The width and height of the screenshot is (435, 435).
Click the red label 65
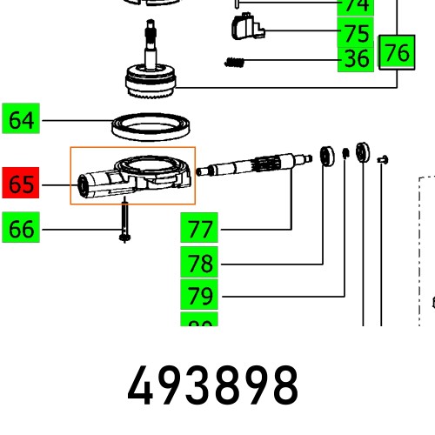[x=21, y=185]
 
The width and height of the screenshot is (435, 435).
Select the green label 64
[x=21, y=119]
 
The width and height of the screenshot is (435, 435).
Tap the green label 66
[x=21, y=230]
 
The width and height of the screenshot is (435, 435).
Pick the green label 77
[x=200, y=230]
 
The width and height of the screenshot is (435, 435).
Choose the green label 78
[x=200, y=263]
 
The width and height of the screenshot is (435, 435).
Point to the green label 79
[x=200, y=295]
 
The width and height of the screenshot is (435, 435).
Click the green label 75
[x=357, y=34]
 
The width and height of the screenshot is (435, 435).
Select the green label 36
[x=357, y=59]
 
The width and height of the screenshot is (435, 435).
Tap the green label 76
[x=397, y=52]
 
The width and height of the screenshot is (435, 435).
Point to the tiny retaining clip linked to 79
[x=345, y=154]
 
